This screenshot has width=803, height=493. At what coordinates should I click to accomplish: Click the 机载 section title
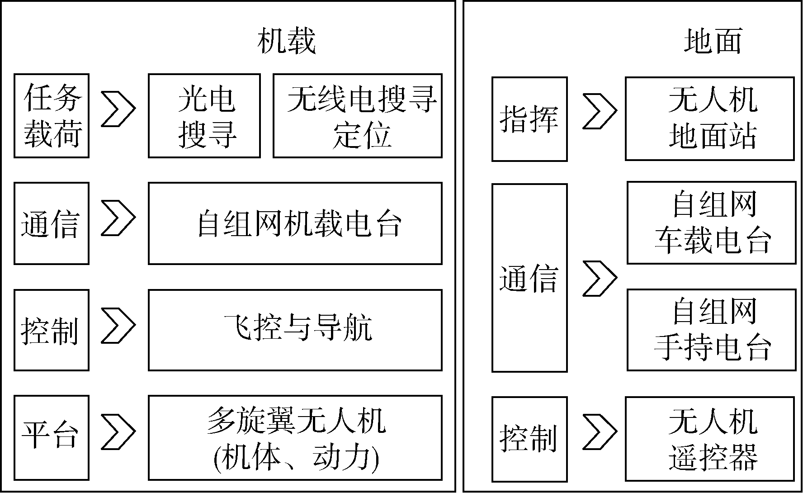pyautogui.click(x=286, y=42)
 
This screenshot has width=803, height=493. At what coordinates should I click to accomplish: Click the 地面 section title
pyautogui.click(x=713, y=42)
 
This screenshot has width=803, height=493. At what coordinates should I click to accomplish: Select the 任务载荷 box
pyautogui.click(x=52, y=116)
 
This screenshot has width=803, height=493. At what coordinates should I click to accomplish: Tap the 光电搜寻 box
pyautogui.click(x=204, y=116)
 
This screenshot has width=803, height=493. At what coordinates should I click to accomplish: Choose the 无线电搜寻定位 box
pyautogui.click(x=358, y=116)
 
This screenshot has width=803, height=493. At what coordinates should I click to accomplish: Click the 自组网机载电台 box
pyautogui.click(x=295, y=223)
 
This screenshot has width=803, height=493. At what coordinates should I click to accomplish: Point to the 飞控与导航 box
pyautogui.click(x=295, y=330)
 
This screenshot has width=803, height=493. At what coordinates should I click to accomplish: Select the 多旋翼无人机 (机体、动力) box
pyautogui.click(x=295, y=438)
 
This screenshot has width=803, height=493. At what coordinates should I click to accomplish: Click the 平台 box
pyautogui.click(x=52, y=438)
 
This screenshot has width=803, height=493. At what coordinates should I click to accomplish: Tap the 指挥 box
pyautogui.click(x=529, y=119)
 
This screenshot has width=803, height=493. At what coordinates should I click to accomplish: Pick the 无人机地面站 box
pyautogui.click(x=710, y=119)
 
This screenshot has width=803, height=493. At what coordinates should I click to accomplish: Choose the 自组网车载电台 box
pyautogui.click(x=712, y=223)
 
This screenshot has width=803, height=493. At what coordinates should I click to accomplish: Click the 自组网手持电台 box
pyautogui.click(x=712, y=330)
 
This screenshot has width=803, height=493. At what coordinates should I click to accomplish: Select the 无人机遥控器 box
pyautogui.click(x=710, y=439)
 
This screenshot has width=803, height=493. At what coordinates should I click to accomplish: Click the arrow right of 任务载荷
pyautogui.click(x=118, y=109)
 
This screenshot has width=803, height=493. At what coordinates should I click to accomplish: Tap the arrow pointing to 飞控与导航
pyautogui.click(x=118, y=325)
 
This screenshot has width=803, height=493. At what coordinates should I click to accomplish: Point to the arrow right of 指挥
pyautogui.click(x=600, y=111)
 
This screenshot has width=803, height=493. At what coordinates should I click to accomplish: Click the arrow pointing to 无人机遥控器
pyautogui.click(x=600, y=431)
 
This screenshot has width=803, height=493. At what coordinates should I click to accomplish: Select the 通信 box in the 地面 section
pyautogui.click(x=529, y=278)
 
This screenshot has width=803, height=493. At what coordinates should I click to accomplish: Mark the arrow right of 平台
pyautogui.click(x=118, y=431)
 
